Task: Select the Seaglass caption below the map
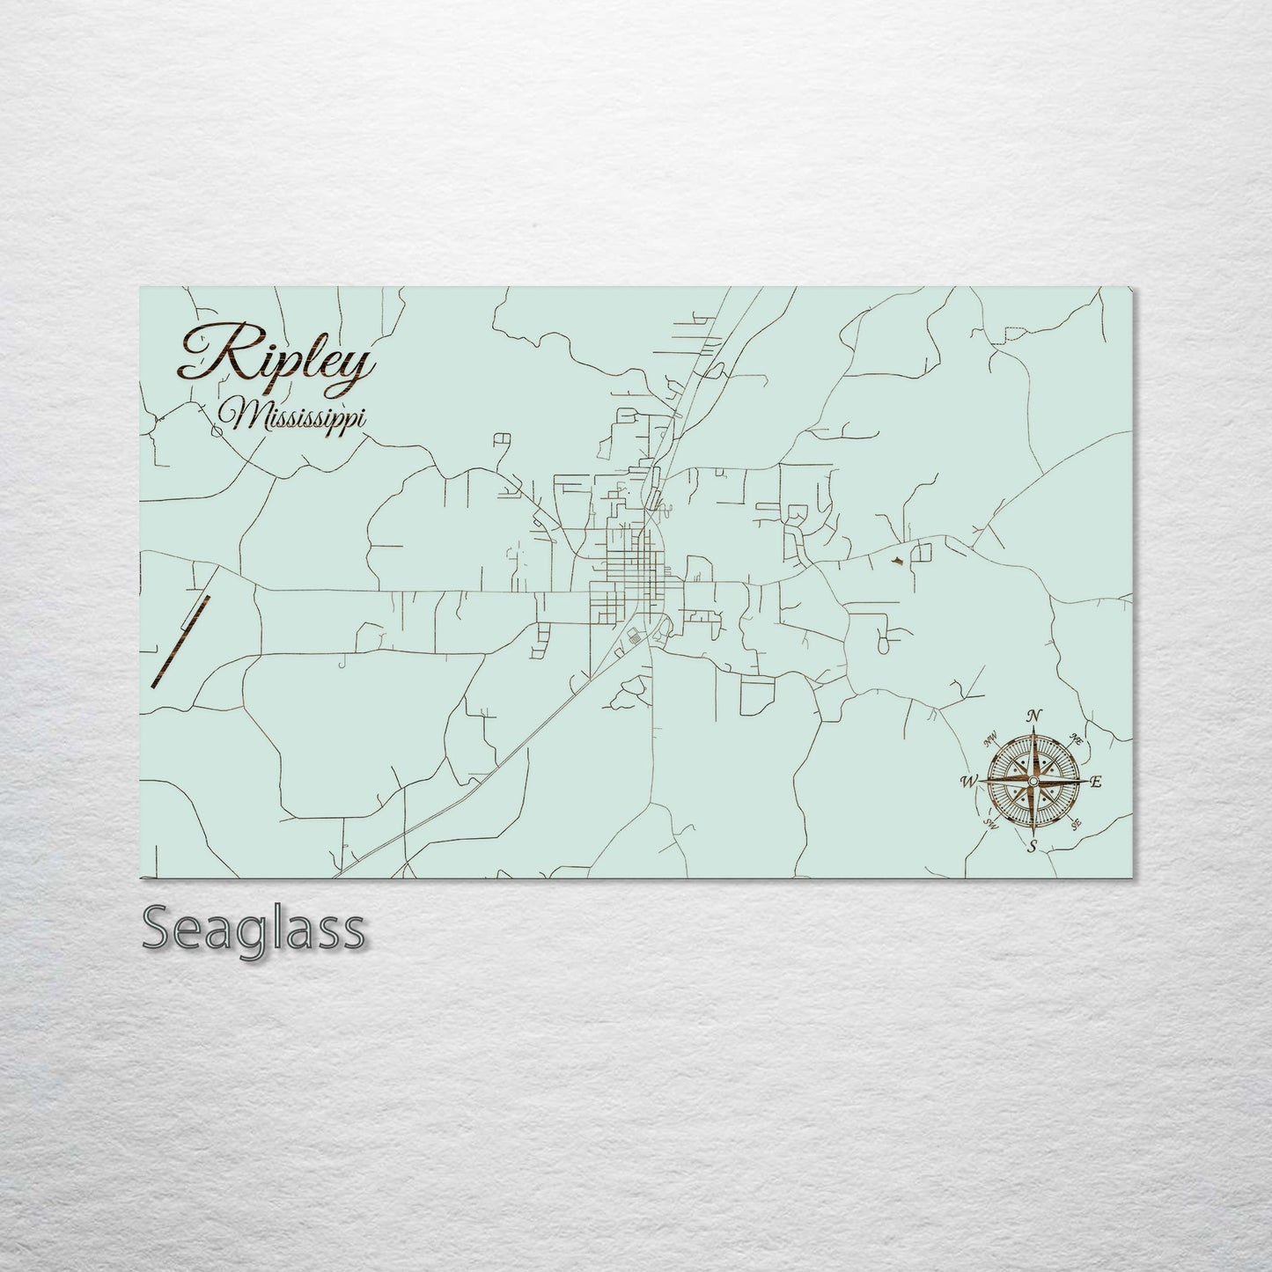253,930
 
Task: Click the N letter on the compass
1036,715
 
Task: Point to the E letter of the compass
1096,782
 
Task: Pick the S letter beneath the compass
1033,847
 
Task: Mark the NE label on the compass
1075,738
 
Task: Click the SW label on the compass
990,824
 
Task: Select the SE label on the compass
1076,824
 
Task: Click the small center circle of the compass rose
1033,781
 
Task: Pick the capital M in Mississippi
236,415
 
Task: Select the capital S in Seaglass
158,930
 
